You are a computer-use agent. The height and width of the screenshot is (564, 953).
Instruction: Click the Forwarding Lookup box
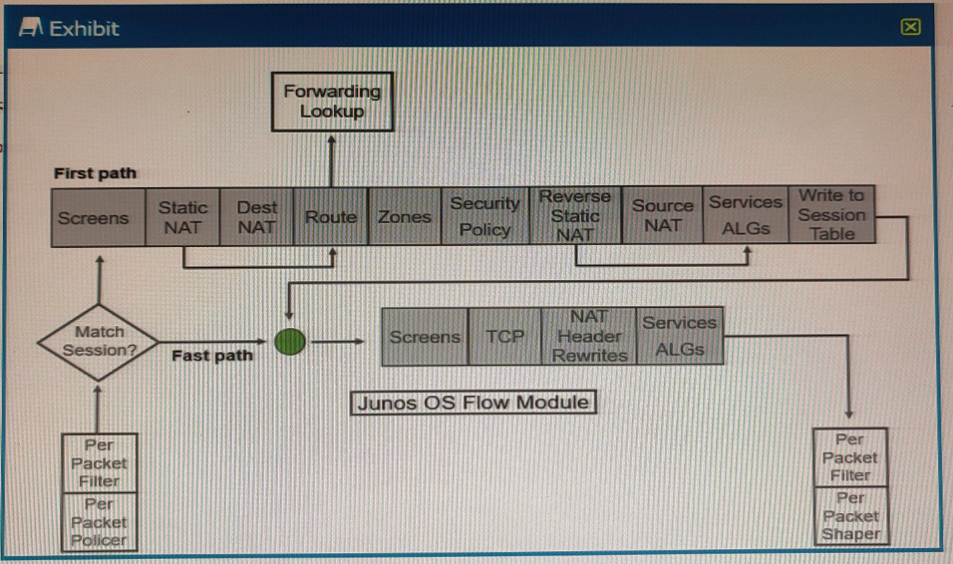(332, 102)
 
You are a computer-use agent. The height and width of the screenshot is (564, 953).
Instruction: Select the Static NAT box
(183, 216)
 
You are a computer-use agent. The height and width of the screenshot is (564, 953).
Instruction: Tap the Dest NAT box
(256, 216)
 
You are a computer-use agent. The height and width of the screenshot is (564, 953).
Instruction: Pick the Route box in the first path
(331, 216)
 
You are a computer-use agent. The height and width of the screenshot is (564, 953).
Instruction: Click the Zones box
(404, 216)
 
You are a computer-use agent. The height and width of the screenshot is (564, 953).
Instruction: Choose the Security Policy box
(484, 216)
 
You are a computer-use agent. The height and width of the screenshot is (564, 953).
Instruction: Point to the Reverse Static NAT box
(575, 215)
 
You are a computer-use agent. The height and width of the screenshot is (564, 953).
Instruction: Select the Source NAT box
(662, 216)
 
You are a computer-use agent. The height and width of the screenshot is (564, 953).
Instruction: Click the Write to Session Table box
(831, 215)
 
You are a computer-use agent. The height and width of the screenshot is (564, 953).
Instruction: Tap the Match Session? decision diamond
(99, 341)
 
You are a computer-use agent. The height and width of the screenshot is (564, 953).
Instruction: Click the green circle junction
(289, 342)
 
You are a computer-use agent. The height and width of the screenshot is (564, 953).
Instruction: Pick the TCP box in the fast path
(504, 337)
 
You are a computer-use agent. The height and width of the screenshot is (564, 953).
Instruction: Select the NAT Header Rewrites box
(589, 336)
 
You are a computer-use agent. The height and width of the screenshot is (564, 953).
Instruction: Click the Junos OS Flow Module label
(474, 403)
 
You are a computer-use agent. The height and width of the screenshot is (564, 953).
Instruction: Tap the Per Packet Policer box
(99, 521)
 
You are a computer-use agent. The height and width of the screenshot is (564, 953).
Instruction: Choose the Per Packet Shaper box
(850, 515)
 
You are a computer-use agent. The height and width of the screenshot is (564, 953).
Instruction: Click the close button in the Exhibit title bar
(910, 27)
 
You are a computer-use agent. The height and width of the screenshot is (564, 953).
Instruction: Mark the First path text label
(95, 173)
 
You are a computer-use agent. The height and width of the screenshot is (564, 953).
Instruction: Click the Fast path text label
(210, 356)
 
